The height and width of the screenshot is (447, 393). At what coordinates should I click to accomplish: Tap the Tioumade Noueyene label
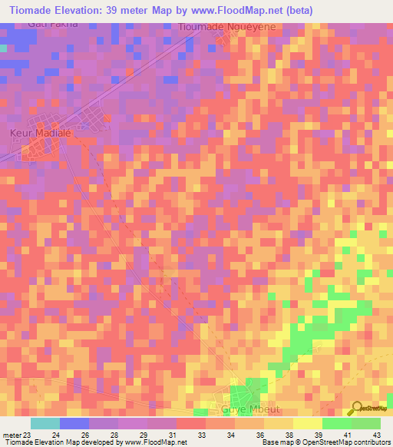226,26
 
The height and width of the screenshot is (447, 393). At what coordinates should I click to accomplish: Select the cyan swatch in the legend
45,423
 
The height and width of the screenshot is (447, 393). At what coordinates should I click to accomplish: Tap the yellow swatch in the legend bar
307,423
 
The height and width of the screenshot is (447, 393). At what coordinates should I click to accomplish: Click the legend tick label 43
375,435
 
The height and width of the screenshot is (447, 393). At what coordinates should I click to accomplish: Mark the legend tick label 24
54,435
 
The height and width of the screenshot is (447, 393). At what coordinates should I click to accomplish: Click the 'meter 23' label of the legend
16,435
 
